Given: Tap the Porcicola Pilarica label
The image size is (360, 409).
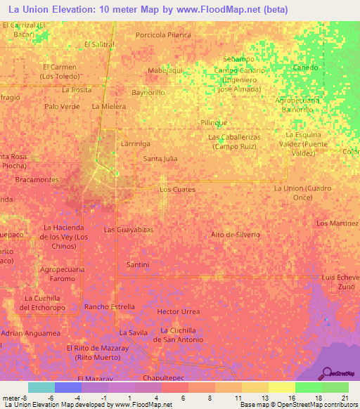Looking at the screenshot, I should coord(163,34).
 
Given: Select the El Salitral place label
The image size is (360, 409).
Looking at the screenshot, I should coord(99,44).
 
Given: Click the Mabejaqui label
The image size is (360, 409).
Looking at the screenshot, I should coord(165,71).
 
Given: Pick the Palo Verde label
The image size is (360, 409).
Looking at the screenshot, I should coord(62,107).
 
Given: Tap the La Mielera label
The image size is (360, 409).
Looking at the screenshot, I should coord(108,107).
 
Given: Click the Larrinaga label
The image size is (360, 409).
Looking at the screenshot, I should coord(136,143).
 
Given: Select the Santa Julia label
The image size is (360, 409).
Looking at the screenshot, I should coord(160,159).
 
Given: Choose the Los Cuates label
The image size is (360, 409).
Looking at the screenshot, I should coord(177,190).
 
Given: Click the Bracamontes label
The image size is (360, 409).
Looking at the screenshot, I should coord(37,180).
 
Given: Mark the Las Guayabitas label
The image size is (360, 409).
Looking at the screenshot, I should coord(129,230).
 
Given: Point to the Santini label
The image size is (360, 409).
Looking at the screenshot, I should coord(138,264).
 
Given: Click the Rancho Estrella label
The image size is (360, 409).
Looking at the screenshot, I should coord(109,307).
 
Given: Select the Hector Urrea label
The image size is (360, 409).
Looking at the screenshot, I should coord(179,311).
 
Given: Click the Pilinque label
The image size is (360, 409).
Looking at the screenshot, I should coord(214,122).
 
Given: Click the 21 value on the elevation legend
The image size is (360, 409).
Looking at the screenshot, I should coord(344,398).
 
